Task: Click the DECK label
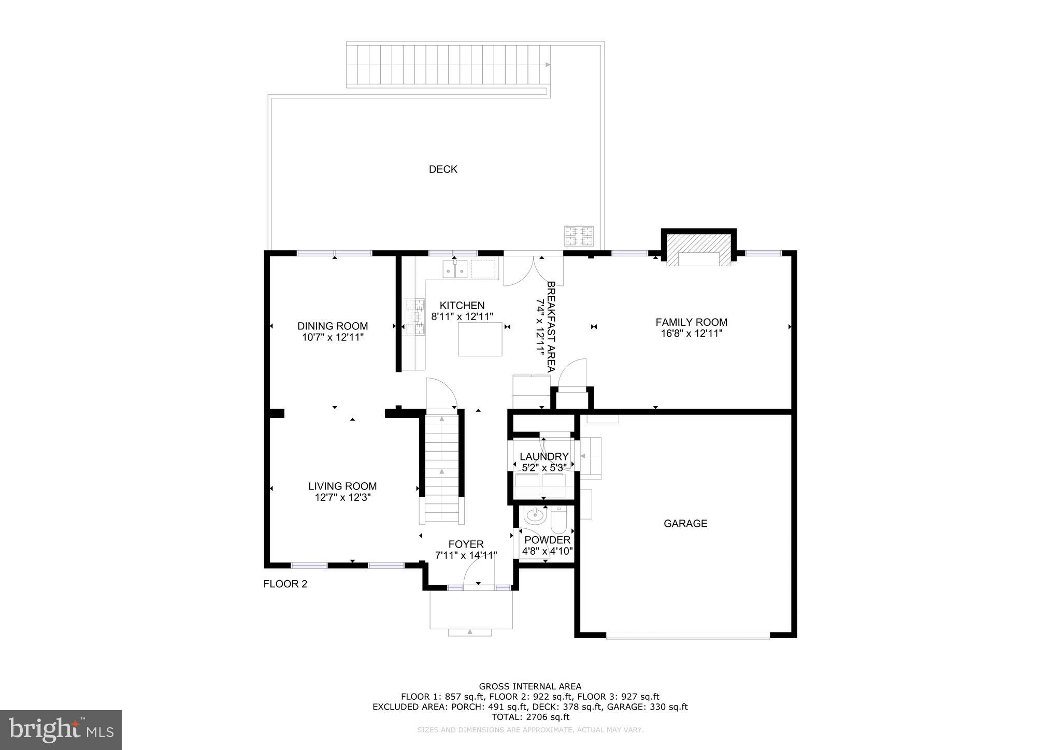click(x=443, y=169)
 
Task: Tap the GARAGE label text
click(x=685, y=524)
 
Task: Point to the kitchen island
click(x=480, y=339)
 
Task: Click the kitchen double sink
click(x=455, y=270)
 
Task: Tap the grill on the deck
click(x=579, y=236)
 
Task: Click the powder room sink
click(x=534, y=516)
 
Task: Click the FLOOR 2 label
click(x=285, y=584)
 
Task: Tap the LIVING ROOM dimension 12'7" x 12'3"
click(x=342, y=498)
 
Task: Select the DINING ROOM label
click(x=333, y=326)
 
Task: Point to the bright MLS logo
click(x=61, y=730)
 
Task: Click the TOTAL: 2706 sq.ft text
click(x=530, y=717)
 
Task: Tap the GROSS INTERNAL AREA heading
click(x=530, y=687)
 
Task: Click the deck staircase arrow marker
click(x=548, y=65)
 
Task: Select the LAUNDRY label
click(x=544, y=456)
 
